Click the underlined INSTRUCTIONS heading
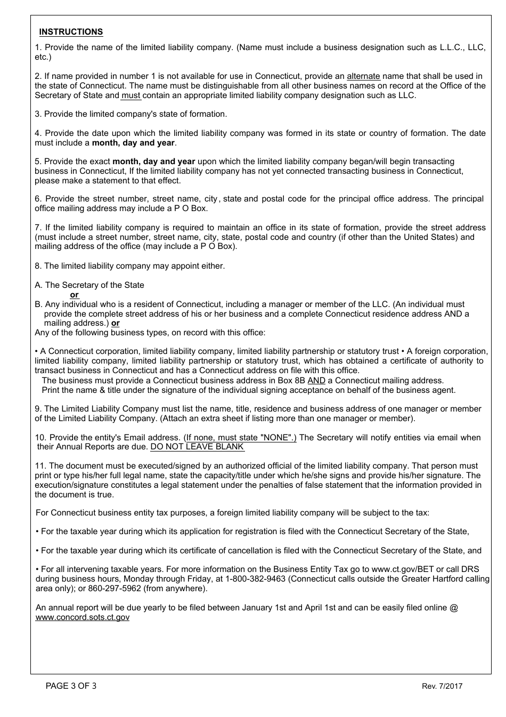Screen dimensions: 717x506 click(71, 32)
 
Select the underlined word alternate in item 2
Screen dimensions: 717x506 click(363, 76)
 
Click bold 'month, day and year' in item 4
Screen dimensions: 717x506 click(133, 143)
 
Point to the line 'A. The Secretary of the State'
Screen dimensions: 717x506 click(89, 285)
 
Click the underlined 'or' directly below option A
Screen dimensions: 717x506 click(74, 295)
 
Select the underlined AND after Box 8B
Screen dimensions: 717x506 click(316, 381)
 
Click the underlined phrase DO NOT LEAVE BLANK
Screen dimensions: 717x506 click(197, 447)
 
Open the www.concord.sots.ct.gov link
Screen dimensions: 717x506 click(83, 617)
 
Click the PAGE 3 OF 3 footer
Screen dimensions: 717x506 click(71, 686)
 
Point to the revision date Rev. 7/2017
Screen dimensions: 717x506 click(442, 686)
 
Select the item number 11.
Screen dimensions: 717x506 click(40, 466)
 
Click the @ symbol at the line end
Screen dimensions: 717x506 click(454, 608)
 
